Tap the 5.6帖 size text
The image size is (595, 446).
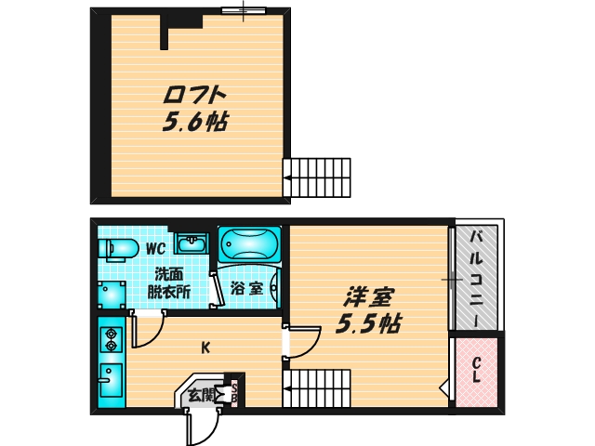pyautogui.click(x=195, y=122)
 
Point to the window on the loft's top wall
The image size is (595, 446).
pyautogui.click(x=244, y=10)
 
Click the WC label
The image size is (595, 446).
pyautogui.click(x=155, y=248)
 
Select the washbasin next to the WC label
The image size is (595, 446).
pyautogui.click(x=193, y=243)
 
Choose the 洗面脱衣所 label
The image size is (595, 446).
pyautogui.click(x=168, y=282)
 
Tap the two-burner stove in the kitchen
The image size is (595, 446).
pyautogui.click(x=112, y=339)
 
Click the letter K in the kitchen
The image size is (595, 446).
pyautogui.click(x=206, y=348)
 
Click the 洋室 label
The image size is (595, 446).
pyautogui.click(x=369, y=298)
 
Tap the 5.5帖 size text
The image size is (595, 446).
pyautogui.click(x=369, y=324)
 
